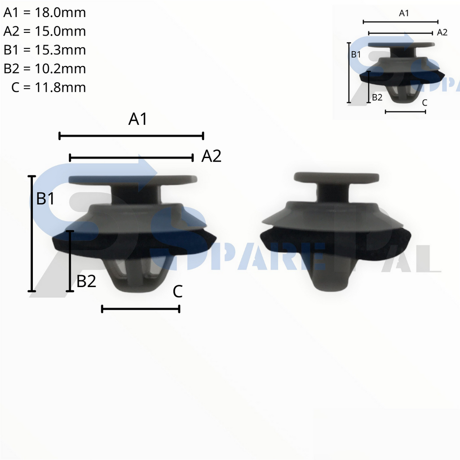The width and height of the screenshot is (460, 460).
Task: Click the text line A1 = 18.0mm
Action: tap(44, 13)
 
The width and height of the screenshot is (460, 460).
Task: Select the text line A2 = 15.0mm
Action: tap(44, 31)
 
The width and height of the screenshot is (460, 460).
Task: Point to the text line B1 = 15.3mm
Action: tap(44, 50)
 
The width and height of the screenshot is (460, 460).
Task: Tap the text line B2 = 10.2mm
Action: tap(44, 69)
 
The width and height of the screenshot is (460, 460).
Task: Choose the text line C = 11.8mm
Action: tap(49, 87)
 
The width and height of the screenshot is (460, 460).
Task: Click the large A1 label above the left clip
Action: tap(138, 119)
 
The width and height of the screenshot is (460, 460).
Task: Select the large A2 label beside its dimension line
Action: tap(211, 156)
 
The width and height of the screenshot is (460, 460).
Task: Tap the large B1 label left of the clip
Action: tap(45, 198)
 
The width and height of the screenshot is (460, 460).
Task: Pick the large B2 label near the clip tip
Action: tap(86, 282)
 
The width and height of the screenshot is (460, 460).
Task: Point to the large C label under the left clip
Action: tap(177, 292)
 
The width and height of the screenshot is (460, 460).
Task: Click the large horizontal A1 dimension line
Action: tap(131, 136)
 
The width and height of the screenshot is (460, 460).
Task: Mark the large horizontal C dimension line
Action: tap(141, 309)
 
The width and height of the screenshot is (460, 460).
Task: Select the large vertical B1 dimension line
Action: tap(31, 234)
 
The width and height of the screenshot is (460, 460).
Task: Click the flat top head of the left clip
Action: tap(133, 180)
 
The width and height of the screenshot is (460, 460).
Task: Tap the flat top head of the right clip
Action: tap(336, 177)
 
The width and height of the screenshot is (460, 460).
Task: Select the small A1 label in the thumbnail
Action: tap(404, 13)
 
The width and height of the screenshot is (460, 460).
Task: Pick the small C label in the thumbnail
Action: tap(425, 103)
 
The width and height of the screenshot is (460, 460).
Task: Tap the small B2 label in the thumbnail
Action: tap(377, 97)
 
